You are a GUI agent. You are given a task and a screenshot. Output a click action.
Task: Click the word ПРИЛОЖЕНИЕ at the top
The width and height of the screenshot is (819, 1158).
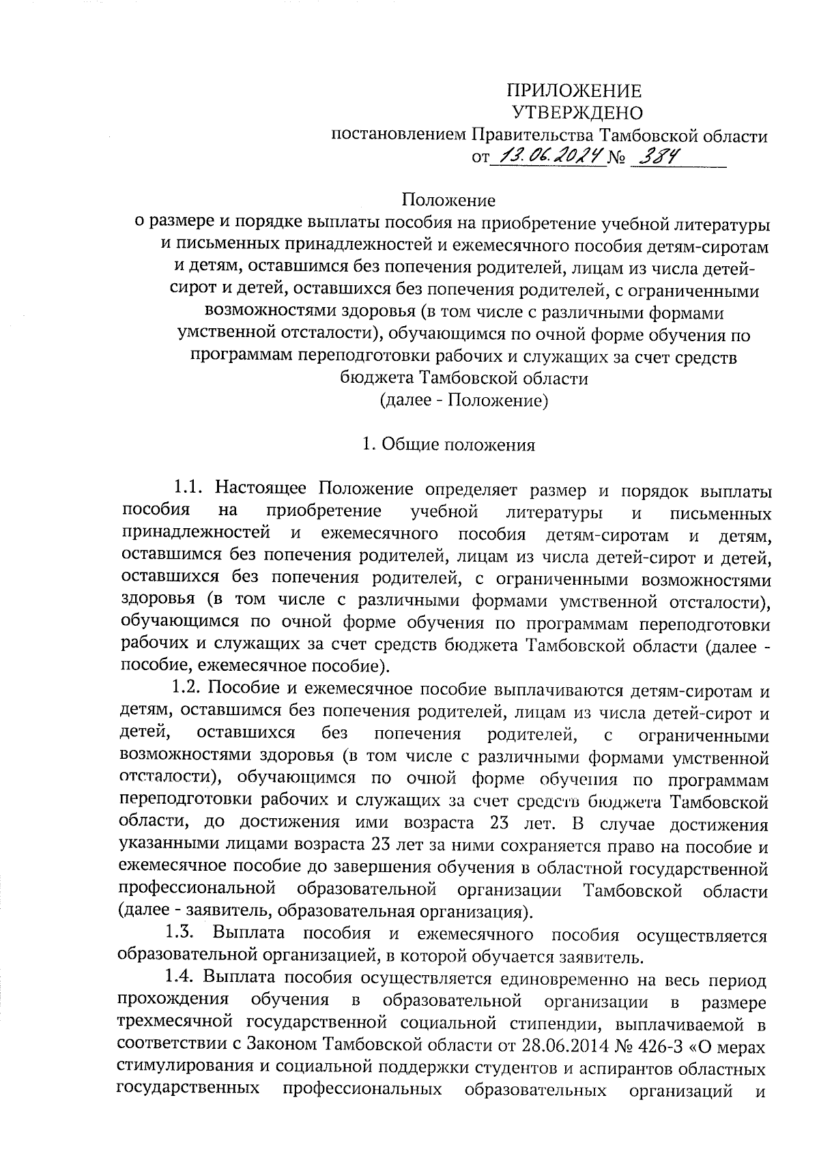coord(573,91)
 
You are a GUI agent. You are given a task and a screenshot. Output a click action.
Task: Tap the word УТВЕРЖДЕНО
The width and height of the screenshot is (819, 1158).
coord(577,113)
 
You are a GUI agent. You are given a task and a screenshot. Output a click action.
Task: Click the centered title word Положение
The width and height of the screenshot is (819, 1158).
coord(448,201)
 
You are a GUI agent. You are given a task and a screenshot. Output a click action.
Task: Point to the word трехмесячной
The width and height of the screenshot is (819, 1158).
coord(175,1024)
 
